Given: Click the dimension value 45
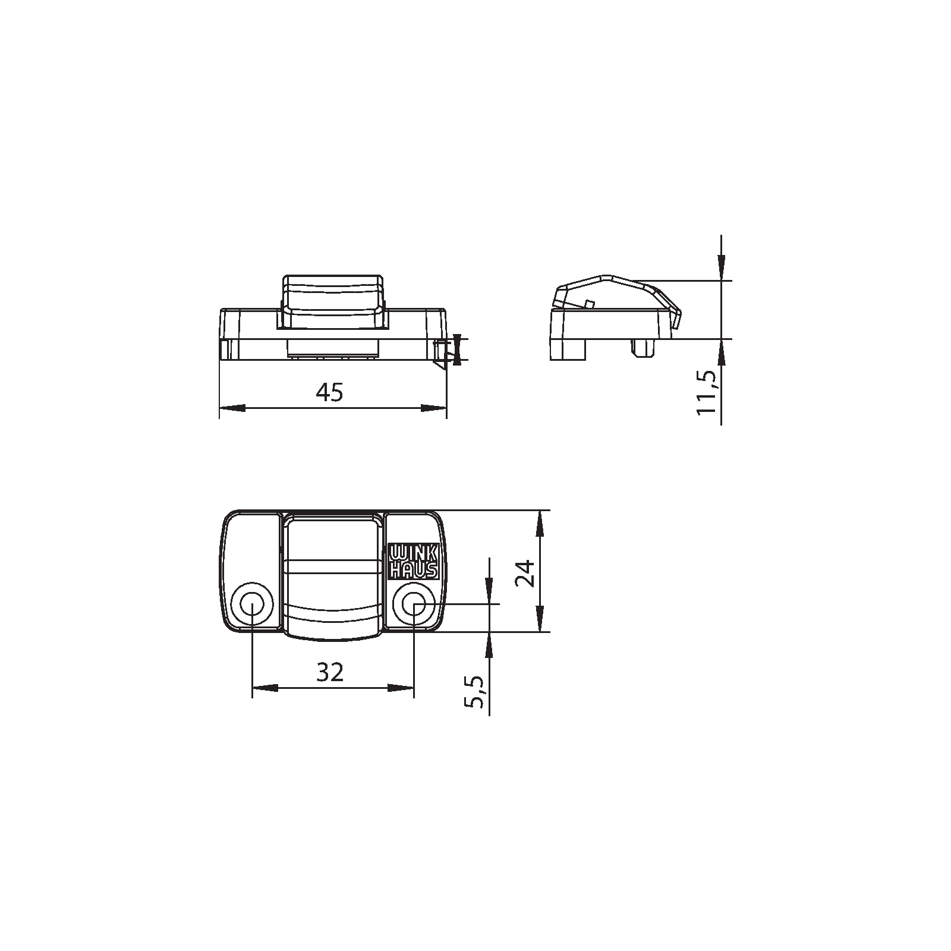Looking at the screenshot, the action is [330, 393].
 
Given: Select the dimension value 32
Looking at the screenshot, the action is [330, 672].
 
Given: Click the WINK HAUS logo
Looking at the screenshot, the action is [414, 561].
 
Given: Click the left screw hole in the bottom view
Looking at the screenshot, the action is [253, 605].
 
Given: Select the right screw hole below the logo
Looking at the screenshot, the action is [414, 605].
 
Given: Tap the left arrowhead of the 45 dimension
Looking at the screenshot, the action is [232, 408].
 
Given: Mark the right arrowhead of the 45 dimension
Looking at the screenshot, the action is [433, 408].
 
